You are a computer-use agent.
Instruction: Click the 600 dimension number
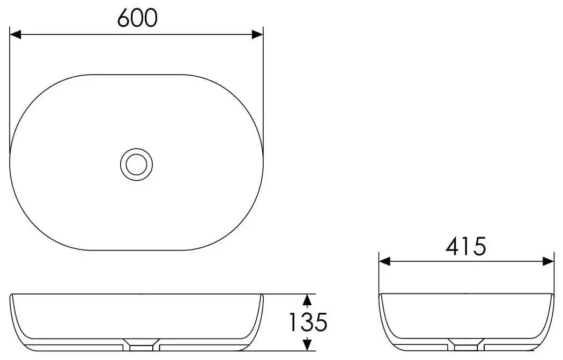[137, 18]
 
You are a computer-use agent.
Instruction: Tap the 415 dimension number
[466, 246]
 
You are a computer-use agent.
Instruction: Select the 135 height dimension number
[308, 322]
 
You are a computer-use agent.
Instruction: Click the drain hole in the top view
[136, 165]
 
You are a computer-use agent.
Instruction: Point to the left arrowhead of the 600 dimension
[16, 34]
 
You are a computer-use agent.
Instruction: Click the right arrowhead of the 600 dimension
[257, 34]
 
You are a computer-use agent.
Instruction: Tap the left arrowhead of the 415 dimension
[384, 262]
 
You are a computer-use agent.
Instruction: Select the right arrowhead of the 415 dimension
[549, 262]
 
